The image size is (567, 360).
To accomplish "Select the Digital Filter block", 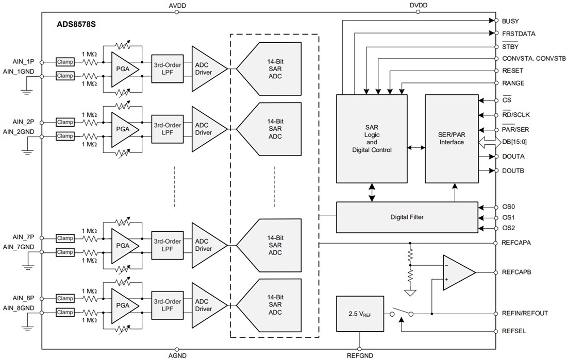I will coord(407,217).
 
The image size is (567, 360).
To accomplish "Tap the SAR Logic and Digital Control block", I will coord(372,139).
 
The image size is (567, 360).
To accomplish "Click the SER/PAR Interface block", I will coord(452,139).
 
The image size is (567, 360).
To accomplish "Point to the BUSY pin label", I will coord(510,21).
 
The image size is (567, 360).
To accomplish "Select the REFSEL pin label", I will coord(513,332).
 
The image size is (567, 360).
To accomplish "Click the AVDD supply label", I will coord(177,5).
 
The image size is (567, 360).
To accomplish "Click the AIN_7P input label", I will coord(23,237).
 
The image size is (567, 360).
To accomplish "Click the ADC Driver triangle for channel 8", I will coord(207,305).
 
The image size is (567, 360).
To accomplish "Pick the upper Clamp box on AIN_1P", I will coord(65,62).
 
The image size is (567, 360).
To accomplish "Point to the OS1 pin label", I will coord(508,217).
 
